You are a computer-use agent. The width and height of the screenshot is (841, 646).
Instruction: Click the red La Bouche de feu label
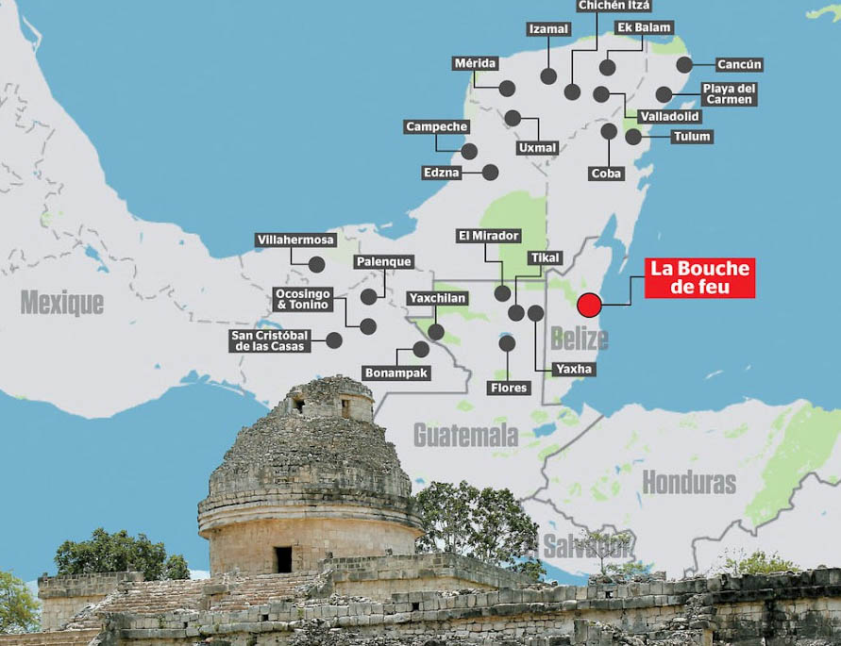699,278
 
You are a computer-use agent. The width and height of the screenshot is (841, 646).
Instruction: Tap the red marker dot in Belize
589,306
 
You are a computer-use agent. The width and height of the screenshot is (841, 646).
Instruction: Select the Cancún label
738,65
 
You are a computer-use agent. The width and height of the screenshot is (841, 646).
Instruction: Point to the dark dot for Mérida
507,89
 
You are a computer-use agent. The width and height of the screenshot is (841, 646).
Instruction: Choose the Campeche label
437,127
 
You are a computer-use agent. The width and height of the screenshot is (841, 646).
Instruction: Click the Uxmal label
537,148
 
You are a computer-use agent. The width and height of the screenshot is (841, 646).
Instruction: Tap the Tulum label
691,137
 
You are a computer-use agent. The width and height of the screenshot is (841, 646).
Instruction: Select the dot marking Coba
609,131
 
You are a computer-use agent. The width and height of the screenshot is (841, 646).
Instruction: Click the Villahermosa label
296,240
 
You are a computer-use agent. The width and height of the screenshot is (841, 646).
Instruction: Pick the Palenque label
383,262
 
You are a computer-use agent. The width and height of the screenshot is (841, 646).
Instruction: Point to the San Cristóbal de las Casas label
271,340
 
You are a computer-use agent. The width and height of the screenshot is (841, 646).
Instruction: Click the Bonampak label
395,373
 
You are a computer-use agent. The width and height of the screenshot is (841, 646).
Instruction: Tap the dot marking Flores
507,343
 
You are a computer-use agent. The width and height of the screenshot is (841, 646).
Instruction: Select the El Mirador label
488,237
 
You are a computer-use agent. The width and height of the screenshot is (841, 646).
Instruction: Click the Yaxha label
574,369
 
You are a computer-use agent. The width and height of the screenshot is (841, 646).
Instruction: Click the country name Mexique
62,303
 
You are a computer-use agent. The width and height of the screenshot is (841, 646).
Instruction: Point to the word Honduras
689,483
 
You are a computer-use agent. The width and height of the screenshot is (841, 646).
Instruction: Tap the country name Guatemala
465,435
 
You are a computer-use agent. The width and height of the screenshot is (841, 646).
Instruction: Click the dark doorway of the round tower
283,559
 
